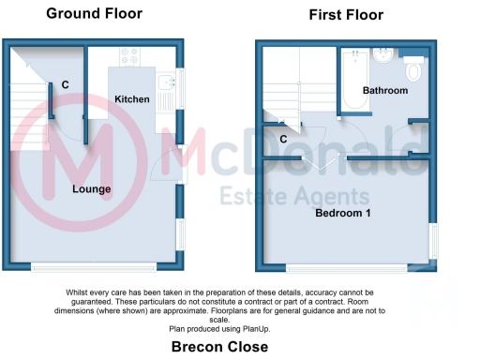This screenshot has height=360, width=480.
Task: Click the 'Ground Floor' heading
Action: pyautogui.click(x=94, y=13)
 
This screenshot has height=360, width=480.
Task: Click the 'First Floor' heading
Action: pyautogui.click(x=346, y=15)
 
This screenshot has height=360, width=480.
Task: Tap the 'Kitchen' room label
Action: pyautogui.click(x=132, y=98)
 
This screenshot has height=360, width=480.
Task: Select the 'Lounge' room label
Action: pyautogui.click(x=92, y=189)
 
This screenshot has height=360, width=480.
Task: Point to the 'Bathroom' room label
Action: pyautogui.click(x=385, y=90)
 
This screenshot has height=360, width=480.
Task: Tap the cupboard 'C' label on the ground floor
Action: pyautogui.click(x=65, y=85)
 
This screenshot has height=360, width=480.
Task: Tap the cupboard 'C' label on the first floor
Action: pyautogui.click(x=283, y=140)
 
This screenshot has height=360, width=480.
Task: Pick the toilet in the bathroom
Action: pyautogui.click(x=413, y=70)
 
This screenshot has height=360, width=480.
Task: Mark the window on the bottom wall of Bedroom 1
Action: pyautogui.click(x=347, y=268)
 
